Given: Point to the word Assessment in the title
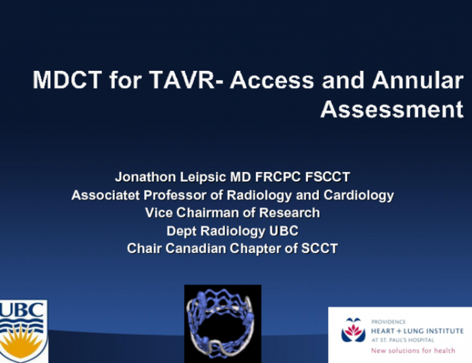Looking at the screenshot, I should point(391,109).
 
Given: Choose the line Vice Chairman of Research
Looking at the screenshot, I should point(232,213).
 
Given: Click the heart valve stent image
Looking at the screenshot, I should point(223,323).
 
